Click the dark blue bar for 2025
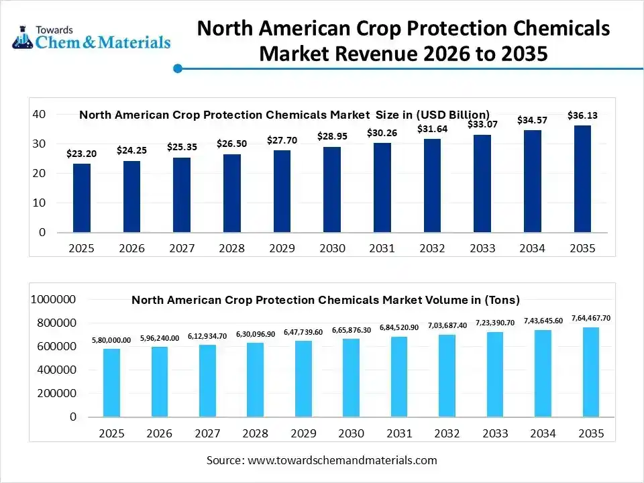82,198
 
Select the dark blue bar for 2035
582,179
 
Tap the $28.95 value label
332,136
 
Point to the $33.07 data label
482,124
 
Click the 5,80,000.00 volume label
112,340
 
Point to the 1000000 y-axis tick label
54,299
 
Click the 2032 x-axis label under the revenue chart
432,248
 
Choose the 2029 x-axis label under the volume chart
303,433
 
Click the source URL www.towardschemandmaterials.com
342,460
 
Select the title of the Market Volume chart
325,300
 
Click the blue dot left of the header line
178,68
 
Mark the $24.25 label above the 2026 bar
131,150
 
